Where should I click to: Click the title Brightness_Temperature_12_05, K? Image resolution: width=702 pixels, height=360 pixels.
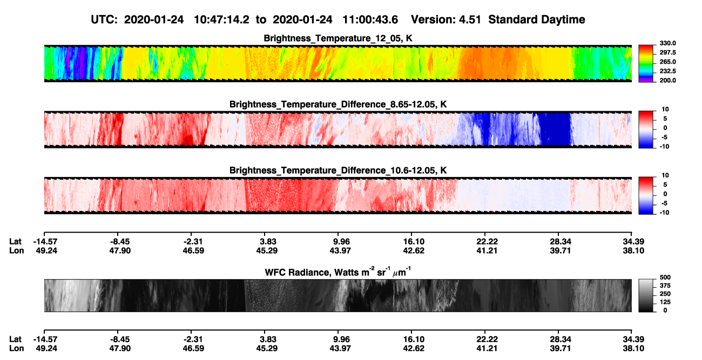338,38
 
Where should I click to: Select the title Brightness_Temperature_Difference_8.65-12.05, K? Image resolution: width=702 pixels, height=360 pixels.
338,104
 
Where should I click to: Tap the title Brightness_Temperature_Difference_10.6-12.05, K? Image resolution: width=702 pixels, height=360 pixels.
338,171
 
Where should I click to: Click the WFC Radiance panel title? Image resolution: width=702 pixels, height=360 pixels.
338,272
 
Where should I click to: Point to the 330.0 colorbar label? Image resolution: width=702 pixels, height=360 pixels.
667,43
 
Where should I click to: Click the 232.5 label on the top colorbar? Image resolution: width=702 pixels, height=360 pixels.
667,71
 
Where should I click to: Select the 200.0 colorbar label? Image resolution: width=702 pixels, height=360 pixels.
667,80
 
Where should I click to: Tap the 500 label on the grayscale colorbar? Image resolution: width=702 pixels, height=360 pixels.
665,277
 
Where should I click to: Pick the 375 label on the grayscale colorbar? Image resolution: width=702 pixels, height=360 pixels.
665,286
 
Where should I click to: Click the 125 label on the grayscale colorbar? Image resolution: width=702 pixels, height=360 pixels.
665,302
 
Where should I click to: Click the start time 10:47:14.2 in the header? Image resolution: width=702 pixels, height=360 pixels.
221,20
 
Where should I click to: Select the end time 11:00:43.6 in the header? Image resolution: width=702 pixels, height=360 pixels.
370,20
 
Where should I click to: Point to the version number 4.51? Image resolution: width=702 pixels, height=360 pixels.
470,20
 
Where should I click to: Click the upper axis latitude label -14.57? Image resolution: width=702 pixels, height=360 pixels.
45,242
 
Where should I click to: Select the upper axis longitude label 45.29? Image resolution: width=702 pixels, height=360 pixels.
267,250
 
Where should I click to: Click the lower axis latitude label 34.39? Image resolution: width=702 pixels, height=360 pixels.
633,339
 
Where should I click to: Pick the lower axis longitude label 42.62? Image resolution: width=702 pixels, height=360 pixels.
414,349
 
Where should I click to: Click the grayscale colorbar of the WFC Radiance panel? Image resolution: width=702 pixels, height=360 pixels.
646,295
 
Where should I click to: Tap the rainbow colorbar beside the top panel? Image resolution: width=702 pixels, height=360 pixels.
646,64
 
